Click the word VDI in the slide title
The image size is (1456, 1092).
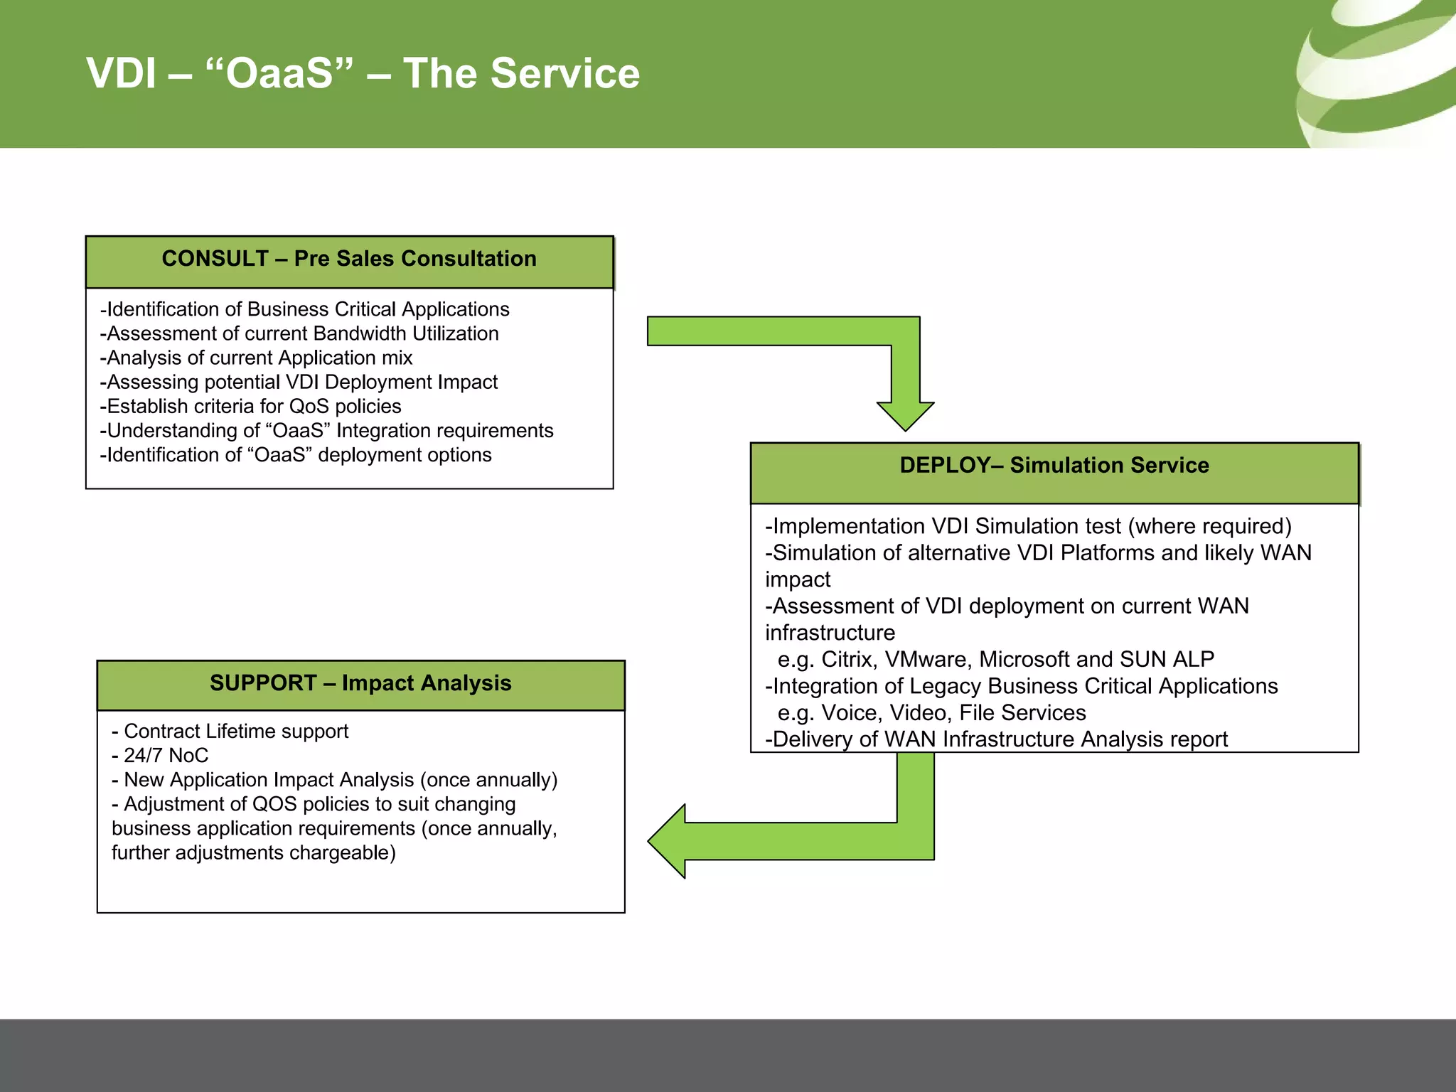click(121, 73)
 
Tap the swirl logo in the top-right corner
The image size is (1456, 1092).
click(1376, 75)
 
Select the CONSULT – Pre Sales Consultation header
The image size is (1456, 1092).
click(349, 259)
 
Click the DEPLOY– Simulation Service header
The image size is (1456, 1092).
click(1054, 466)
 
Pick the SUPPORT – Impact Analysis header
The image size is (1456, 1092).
click(360, 684)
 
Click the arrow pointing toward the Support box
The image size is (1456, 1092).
click(782, 841)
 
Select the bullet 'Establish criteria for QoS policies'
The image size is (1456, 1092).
click(251, 406)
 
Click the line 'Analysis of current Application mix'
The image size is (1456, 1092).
click(257, 358)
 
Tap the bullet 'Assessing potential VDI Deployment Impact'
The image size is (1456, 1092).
click(299, 382)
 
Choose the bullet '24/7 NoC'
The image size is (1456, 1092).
click(161, 756)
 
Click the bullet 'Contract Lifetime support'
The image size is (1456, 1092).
click(230, 732)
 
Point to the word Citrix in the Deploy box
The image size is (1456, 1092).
click(849, 660)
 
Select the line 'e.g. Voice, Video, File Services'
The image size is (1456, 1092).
click(931, 713)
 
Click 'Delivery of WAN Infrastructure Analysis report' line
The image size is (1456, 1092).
click(996, 739)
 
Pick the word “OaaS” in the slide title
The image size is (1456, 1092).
click(279, 73)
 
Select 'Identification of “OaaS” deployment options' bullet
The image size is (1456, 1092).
click(296, 455)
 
